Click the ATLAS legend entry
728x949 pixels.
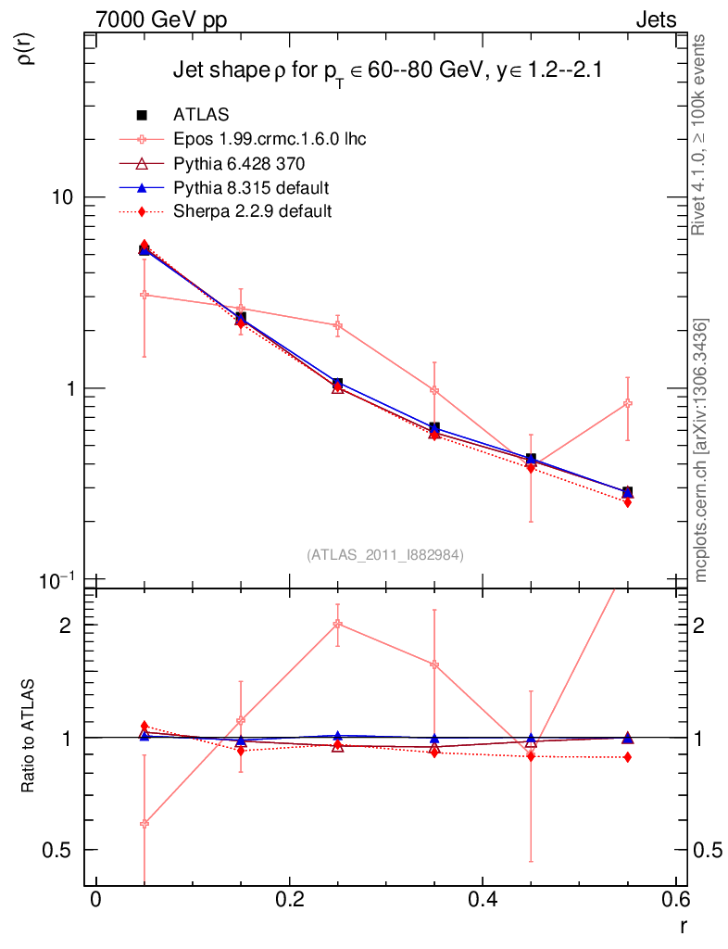pos(201,115)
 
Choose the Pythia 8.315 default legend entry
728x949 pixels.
pos(250,188)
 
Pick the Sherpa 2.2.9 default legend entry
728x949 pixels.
pos(252,211)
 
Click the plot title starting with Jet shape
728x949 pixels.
pos(389,72)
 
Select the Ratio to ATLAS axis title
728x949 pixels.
pos(28,737)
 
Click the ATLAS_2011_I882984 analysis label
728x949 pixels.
pos(385,554)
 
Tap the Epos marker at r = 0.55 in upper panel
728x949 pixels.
pos(627,403)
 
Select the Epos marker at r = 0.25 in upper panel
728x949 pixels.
pos(337,325)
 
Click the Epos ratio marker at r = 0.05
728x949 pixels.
pos(144,823)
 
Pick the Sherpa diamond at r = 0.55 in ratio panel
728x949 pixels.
pos(627,757)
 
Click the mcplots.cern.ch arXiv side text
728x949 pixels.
pos(702,450)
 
